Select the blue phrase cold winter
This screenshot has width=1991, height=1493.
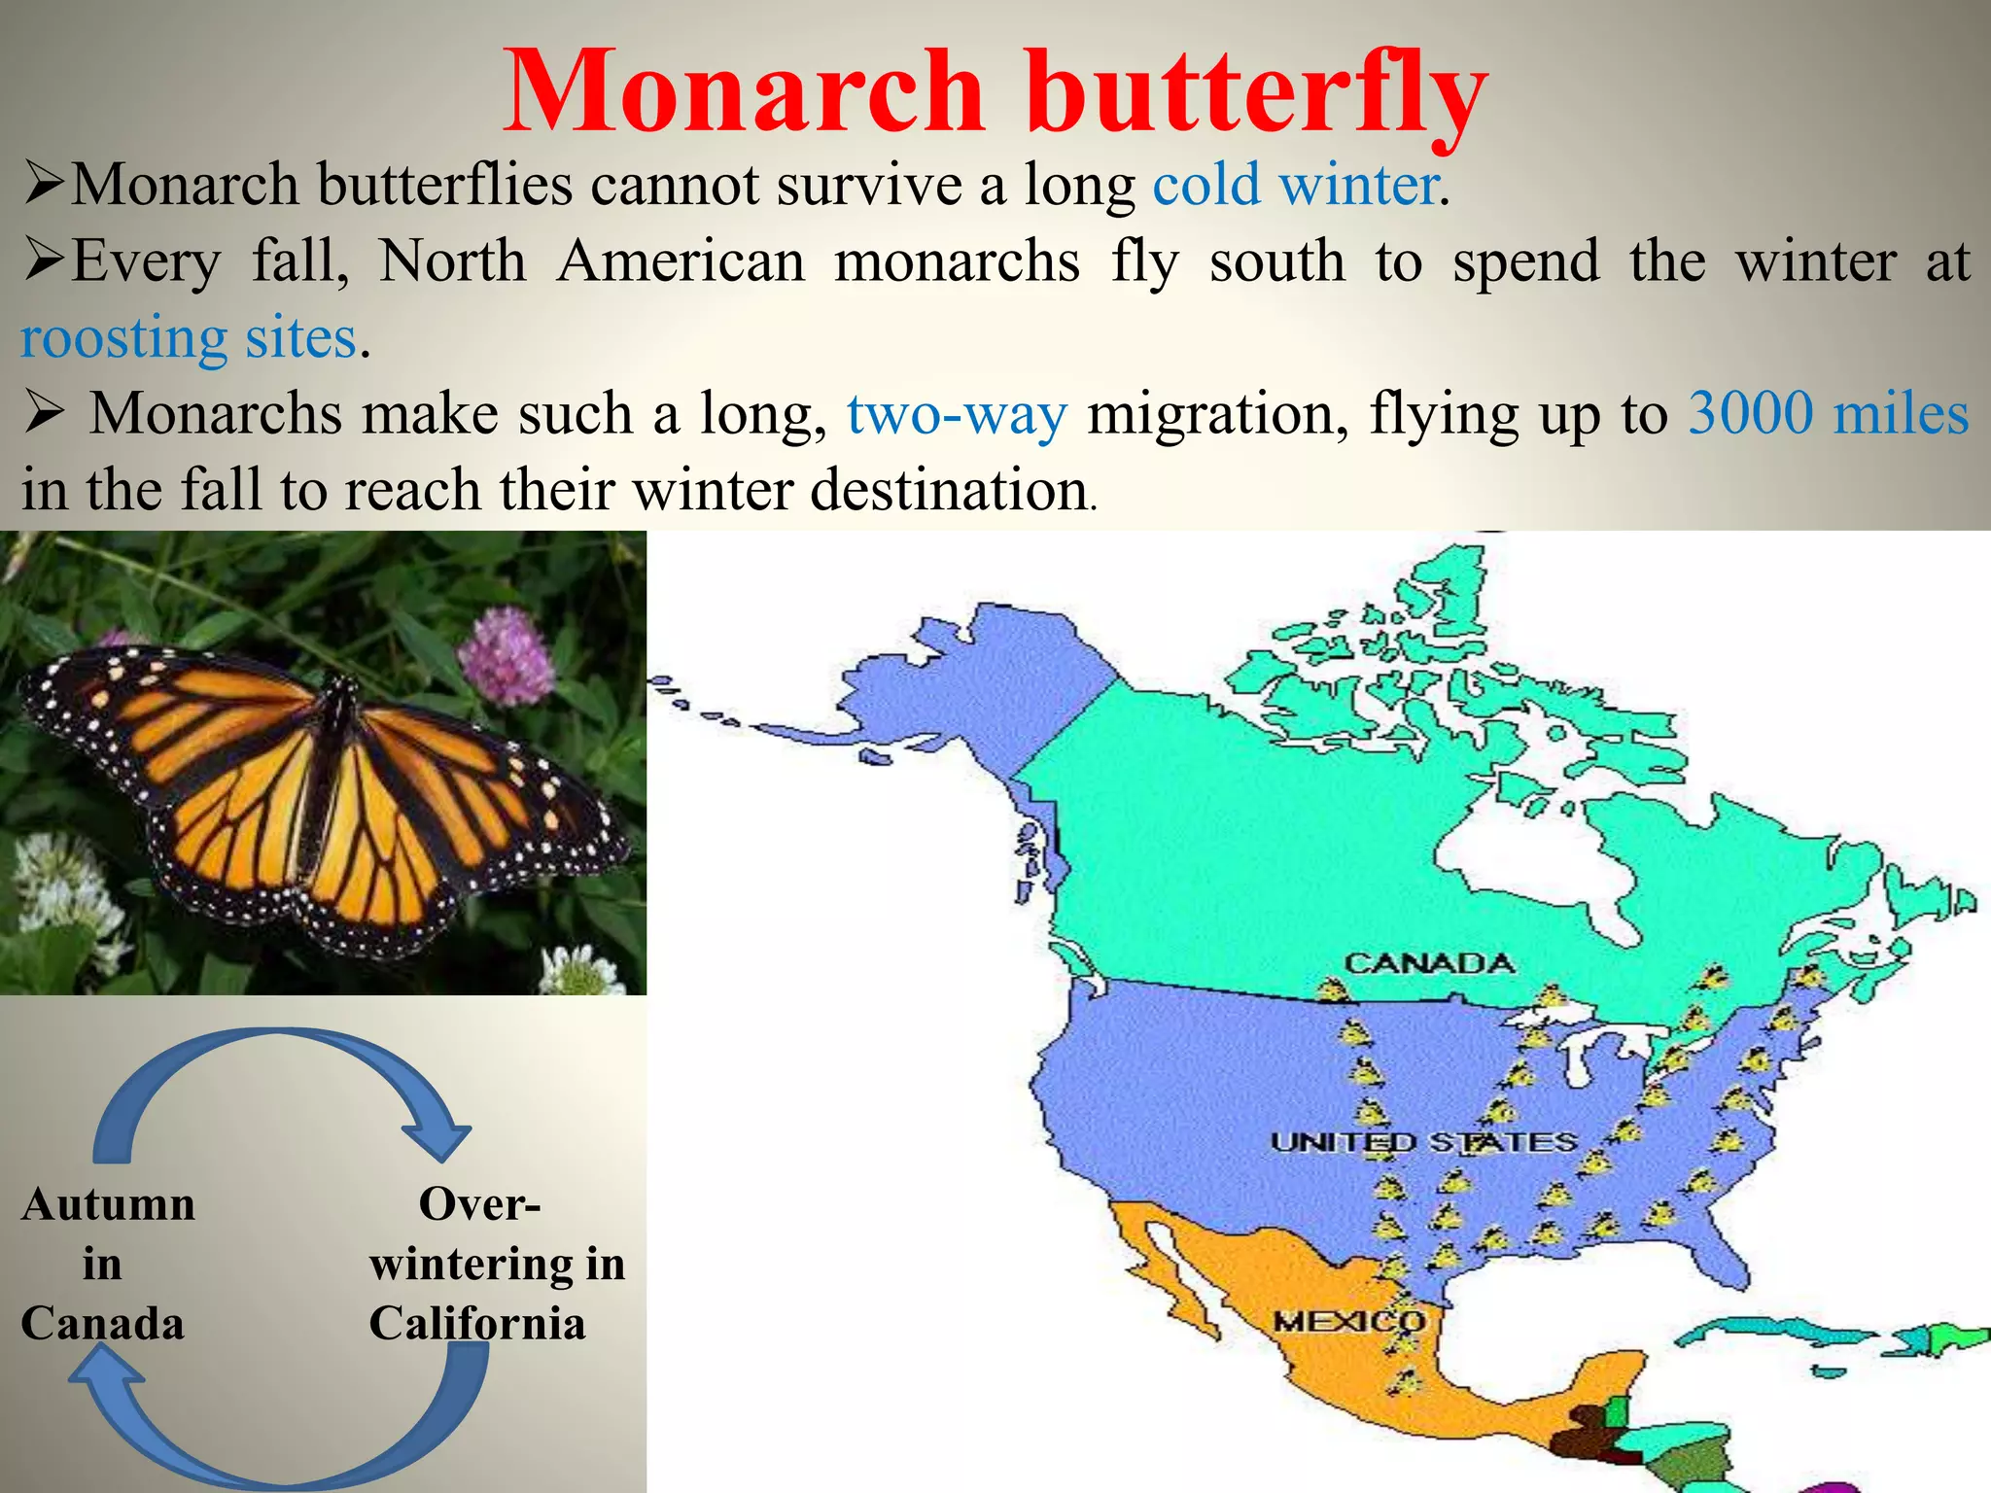pyautogui.click(x=1296, y=185)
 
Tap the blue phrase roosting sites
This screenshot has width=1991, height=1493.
pyautogui.click(x=190, y=339)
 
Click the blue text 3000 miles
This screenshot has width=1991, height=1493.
pyautogui.click(x=1828, y=413)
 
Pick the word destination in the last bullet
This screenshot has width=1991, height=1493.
pyautogui.click(x=948, y=489)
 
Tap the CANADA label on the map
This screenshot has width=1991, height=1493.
pyautogui.click(x=1428, y=963)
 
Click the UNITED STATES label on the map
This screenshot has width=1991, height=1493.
pyautogui.click(x=1423, y=1142)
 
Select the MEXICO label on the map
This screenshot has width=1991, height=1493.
pyautogui.click(x=1348, y=1322)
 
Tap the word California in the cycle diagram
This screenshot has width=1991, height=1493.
pyautogui.click(x=477, y=1324)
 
